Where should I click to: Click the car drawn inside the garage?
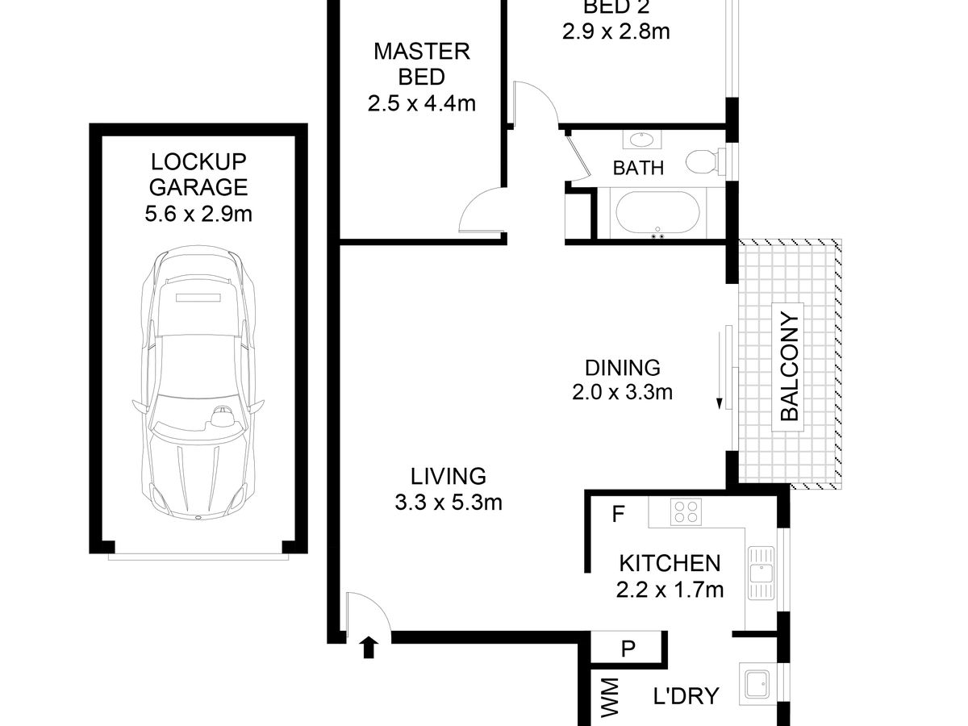[198, 382]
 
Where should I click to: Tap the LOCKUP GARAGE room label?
[198, 174]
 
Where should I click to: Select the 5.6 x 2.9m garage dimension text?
[198, 215]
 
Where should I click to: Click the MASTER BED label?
[422, 65]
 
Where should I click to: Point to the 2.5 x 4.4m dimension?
[422, 104]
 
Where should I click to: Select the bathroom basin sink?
[642, 140]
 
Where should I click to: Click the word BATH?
[638, 168]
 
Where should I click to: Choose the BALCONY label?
[789, 367]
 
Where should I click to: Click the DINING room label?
[622, 368]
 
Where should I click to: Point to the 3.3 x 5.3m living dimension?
[449, 502]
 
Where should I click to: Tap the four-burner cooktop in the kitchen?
[686, 511]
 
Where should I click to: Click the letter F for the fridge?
[618, 514]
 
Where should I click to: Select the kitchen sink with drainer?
[761, 574]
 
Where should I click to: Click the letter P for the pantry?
[628, 649]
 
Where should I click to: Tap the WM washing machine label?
[610, 703]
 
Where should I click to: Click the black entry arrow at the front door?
[369, 647]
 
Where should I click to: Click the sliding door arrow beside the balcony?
[720, 370]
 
